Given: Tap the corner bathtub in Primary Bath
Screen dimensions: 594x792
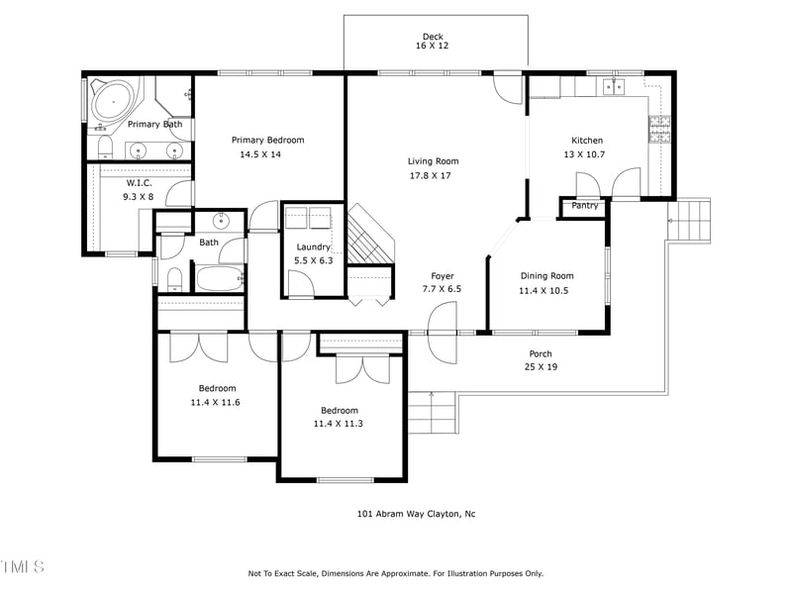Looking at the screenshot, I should pyautogui.click(x=112, y=100).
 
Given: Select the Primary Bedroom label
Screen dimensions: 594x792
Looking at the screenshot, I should pyautogui.click(x=267, y=141).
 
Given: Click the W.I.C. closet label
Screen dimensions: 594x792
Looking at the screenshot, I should pyautogui.click(x=139, y=183).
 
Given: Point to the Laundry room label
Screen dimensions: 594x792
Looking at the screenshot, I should pyautogui.click(x=312, y=247).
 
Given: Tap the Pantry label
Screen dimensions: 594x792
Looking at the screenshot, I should pyautogui.click(x=584, y=206).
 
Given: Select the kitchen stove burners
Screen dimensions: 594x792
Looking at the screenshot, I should pyautogui.click(x=659, y=129).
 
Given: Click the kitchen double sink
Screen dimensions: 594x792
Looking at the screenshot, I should pyautogui.click(x=615, y=89).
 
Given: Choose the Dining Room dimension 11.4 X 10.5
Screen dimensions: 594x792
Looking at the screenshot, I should pyautogui.click(x=546, y=291).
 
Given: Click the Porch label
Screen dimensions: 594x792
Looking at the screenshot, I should pyautogui.click(x=541, y=353).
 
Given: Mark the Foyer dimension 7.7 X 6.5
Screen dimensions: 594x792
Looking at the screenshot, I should pyautogui.click(x=442, y=289).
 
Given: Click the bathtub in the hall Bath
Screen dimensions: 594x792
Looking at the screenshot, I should pyautogui.click(x=220, y=277).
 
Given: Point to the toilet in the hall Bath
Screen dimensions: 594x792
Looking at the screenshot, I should pyautogui.click(x=173, y=276).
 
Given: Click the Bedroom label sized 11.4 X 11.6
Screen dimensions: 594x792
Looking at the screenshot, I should pyautogui.click(x=217, y=388).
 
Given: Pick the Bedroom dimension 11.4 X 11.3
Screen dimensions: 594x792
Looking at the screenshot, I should pyautogui.click(x=339, y=424).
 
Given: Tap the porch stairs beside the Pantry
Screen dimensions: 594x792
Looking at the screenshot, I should pyautogui.click(x=690, y=220).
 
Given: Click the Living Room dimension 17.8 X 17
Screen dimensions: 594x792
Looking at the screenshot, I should pyautogui.click(x=433, y=175).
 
